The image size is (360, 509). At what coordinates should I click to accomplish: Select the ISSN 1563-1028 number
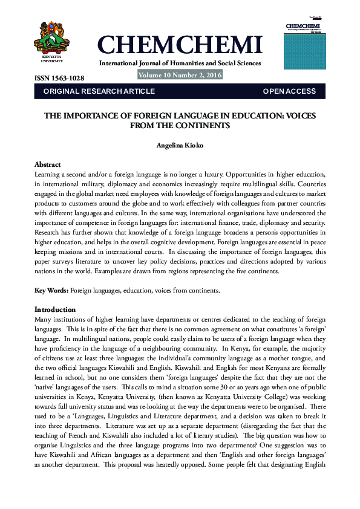point(59,79)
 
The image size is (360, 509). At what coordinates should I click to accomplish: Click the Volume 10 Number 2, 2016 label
point(180,76)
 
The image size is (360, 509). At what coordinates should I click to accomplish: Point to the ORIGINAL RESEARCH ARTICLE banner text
point(99,91)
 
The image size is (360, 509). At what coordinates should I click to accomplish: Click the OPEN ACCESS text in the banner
point(289,91)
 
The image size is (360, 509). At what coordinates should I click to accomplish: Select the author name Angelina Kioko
point(180,146)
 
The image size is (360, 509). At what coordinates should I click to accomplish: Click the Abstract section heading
point(48,164)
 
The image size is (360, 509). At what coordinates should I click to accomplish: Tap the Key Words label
point(51,291)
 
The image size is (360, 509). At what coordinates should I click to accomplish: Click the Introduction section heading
point(56,310)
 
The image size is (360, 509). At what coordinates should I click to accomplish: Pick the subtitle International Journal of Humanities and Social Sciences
point(180,63)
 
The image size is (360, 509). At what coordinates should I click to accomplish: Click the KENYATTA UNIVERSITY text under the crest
point(51,59)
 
